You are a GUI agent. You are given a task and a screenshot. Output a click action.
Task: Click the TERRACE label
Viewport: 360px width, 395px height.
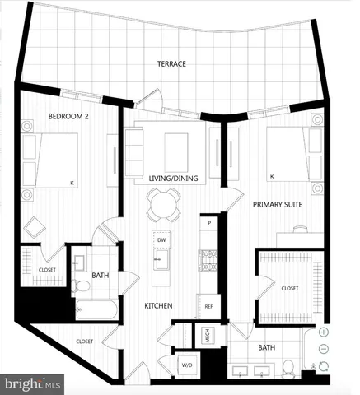coord(172,63)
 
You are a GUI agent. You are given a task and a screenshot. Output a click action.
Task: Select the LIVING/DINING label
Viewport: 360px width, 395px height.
coord(165,179)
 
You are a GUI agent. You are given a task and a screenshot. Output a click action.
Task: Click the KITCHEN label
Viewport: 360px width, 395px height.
coord(158,305)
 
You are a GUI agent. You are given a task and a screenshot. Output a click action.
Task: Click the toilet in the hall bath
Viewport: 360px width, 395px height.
coord(82,286)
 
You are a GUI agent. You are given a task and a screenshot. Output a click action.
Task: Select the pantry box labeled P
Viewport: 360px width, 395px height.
coord(210,223)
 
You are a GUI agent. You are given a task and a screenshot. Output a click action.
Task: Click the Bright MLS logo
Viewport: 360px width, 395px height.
coord(33,383)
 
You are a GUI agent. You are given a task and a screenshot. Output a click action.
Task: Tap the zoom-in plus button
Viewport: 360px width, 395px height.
coord(324,332)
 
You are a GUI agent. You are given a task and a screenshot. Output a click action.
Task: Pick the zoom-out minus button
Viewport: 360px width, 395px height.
coord(324,349)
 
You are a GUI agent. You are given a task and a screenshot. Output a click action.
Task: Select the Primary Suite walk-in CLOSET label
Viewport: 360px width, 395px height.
coord(289,288)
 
